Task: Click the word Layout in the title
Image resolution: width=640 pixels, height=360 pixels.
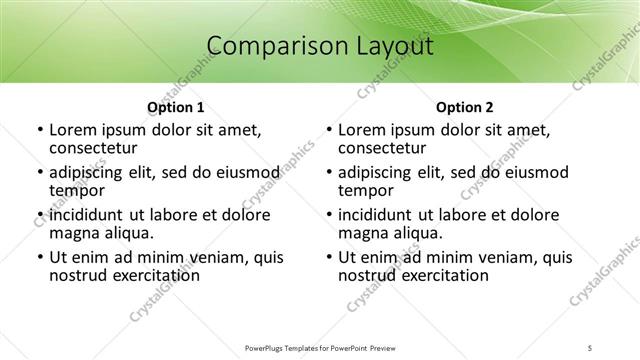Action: point(387,46)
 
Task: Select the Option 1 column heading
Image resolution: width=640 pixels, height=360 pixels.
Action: point(175,107)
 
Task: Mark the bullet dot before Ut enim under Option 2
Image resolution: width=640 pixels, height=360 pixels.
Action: point(328,257)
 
